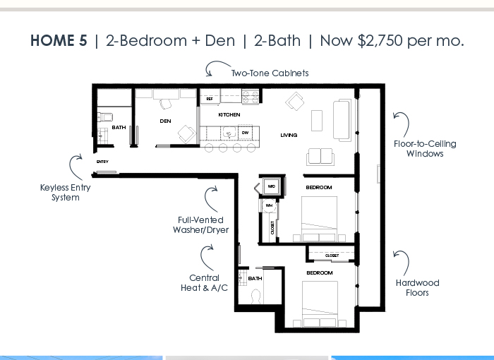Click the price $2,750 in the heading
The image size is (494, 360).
pyautogui.click(x=380, y=41)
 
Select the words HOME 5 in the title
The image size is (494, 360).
pyautogui.click(x=59, y=41)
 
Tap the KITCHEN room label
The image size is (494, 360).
pyautogui.click(x=229, y=115)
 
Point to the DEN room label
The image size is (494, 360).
pyautogui.click(x=165, y=121)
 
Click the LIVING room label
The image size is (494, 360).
pyautogui.click(x=289, y=136)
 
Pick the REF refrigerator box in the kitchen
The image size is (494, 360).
pyautogui.click(x=210, y=99)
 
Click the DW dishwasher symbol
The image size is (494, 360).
pyautogui.click(x=246, y=133)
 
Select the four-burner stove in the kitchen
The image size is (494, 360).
pyautogui.click(x=251, y=96)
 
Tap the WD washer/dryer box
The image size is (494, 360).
pyautogui.click(x=272, y=186)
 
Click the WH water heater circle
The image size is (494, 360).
pyautogui.click(x=269, y=205)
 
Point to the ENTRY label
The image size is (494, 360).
pyautogui.click(x=102, y=162)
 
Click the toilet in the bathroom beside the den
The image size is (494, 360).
pyautogui.click(x=105, y=117)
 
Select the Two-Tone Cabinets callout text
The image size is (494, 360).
pyautogui.click(x=270, y=73)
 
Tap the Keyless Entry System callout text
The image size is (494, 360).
pyautogui.click(x=66, y=192)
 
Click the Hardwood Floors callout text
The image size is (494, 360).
pyautogui.click(x=418, y=287)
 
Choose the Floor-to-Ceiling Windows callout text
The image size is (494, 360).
pyautogui.click(x=425, y=148)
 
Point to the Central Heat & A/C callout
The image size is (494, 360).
pyautogui.click(x=204, y=283)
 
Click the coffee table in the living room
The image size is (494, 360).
pyautogui.click(x=317, y=121)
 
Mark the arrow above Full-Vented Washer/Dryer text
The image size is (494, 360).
pyautogui.click(x=206, y=198)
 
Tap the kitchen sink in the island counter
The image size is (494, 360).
pyautogui.click(x=229, y=133)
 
